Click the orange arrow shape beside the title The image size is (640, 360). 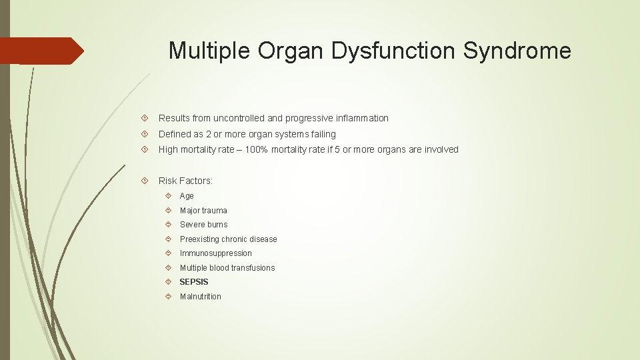(x=41, y=51)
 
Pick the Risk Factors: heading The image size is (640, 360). (x=185, y=181)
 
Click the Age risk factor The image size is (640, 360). (x=187, y=196)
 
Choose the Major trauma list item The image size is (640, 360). (x=203, y=211)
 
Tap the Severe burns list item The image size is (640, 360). (x=203, y=225)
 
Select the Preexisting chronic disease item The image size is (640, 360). (x=228, y=239)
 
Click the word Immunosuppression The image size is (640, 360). (x=215, y=253)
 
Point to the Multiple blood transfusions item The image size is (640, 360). (x=227, y=268)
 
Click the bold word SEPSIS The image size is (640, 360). (x=194, y=282)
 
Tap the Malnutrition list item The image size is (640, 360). (x=200, y=297)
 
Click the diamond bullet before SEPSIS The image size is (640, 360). (x=169, y=282)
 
